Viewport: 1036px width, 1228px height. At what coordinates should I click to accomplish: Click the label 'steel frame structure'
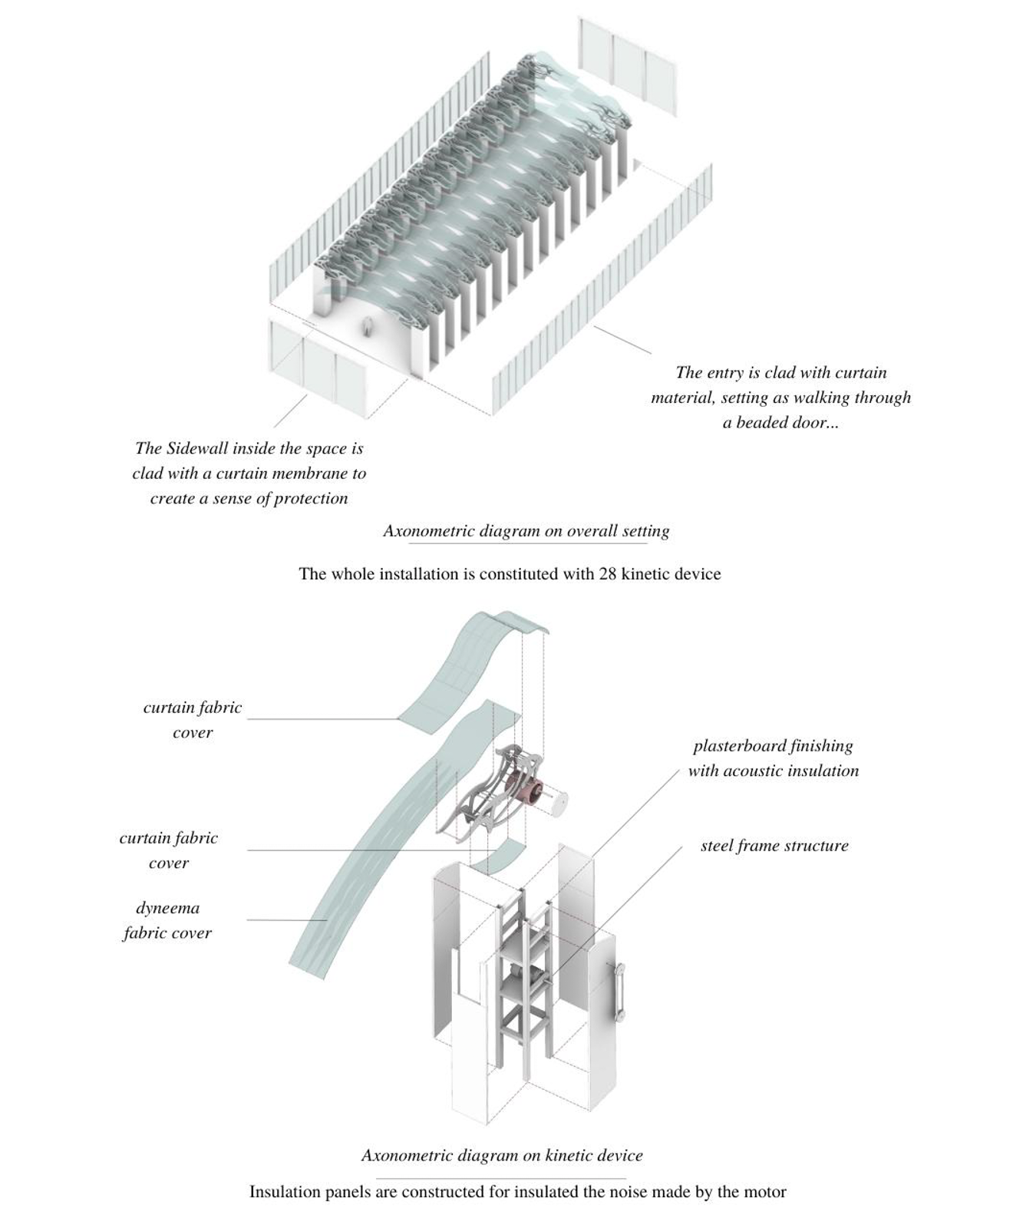[x=774, y=846]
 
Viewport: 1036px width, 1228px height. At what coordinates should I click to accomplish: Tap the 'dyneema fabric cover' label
[x=167, y=920]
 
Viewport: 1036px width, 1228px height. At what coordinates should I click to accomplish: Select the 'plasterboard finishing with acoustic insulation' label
[x=773, y=758]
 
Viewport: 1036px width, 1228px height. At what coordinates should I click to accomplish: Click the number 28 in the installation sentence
[x=608, y=574]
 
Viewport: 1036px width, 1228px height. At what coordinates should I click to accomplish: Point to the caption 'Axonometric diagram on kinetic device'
[x=502, y=1155]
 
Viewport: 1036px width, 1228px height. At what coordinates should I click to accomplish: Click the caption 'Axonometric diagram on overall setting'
[x=526, y=531]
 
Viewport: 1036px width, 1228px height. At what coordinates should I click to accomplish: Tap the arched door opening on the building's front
[x=368, y=328]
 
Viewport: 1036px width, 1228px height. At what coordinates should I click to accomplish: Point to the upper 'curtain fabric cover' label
[x=193, y=719]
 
